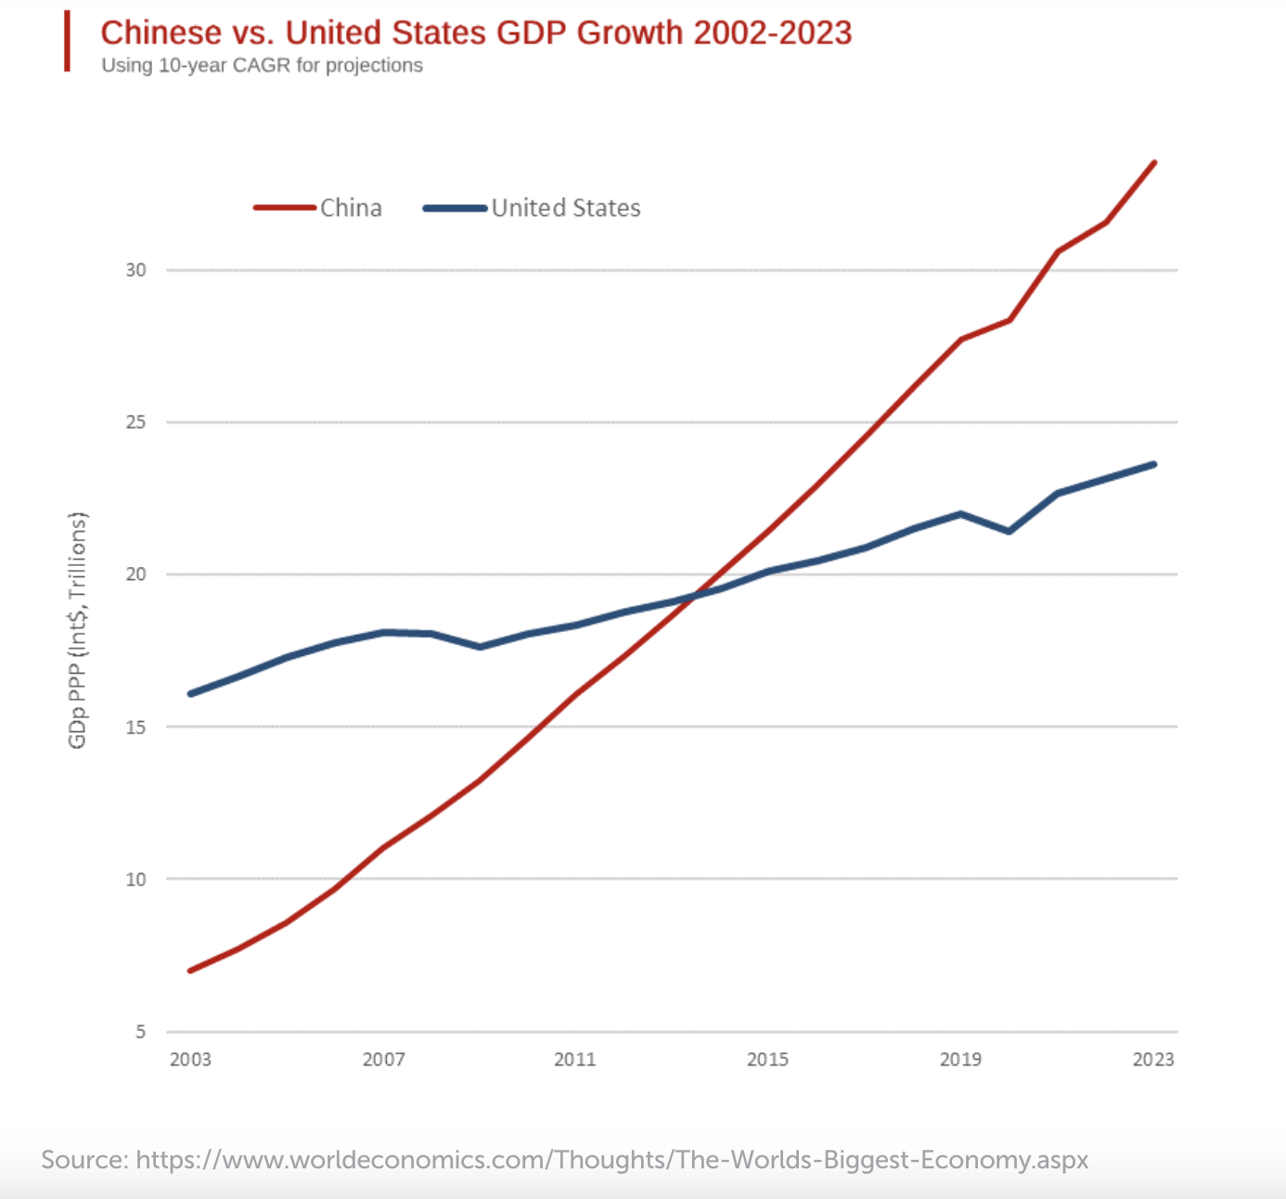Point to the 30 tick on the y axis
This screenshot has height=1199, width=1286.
click(136, 270)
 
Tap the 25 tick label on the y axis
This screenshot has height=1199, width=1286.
click(136, 422)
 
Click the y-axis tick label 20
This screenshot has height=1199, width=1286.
click(136, 574)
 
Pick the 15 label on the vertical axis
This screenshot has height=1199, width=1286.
click(136, 727)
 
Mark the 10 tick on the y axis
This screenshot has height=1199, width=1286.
click(136, 879)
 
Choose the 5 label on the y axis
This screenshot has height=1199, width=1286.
click(141, 1031)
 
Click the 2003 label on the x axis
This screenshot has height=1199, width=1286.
click(190, 1060)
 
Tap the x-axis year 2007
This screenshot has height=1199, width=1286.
click(383, 1060)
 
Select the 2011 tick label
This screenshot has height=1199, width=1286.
click(575, 1060)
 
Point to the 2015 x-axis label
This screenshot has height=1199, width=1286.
click(767, 1060)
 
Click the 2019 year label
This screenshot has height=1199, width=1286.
click(960, 1060)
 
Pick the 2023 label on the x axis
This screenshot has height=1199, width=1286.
click(1153, 1060)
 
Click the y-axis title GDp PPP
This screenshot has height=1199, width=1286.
click(77, 630)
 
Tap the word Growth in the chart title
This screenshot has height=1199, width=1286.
click(629, 33)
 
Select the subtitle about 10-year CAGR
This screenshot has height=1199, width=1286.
click(262, 66)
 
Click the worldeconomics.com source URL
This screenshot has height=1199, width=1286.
click(611, 1160)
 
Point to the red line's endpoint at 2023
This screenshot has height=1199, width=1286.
click(1154, 162)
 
